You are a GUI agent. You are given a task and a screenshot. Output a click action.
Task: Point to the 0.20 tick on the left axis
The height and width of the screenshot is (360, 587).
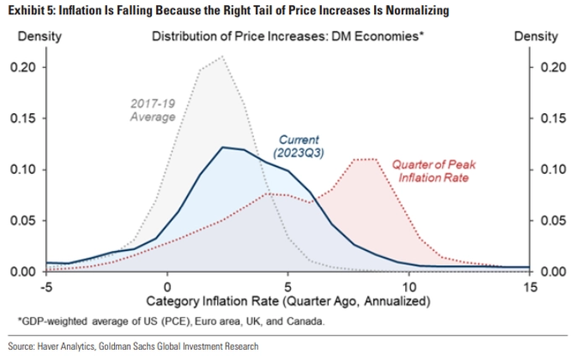(23, 67)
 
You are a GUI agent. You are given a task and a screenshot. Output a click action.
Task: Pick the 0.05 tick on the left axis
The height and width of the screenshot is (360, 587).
(23, 220)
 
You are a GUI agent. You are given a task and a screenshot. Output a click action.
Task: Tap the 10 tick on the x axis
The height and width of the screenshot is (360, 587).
(408, 285)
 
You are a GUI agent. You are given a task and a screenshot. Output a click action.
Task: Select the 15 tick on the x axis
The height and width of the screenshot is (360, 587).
(529, 285)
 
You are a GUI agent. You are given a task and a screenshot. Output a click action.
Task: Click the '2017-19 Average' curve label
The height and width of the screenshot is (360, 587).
(153, 110)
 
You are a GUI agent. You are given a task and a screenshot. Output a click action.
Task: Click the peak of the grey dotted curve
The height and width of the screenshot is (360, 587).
(222, 57)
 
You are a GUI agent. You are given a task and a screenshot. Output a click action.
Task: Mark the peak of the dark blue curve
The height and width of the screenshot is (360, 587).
(223, 147)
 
